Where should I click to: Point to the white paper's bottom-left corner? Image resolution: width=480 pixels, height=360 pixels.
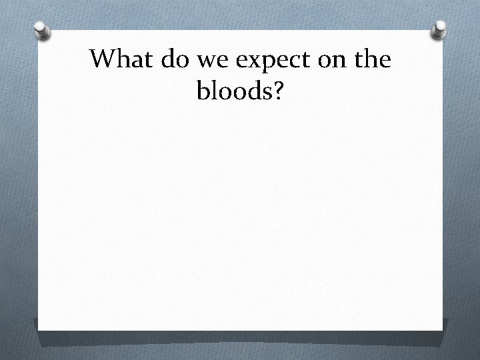[39, 329]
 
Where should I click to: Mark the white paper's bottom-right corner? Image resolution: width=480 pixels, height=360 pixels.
[442, 329]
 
